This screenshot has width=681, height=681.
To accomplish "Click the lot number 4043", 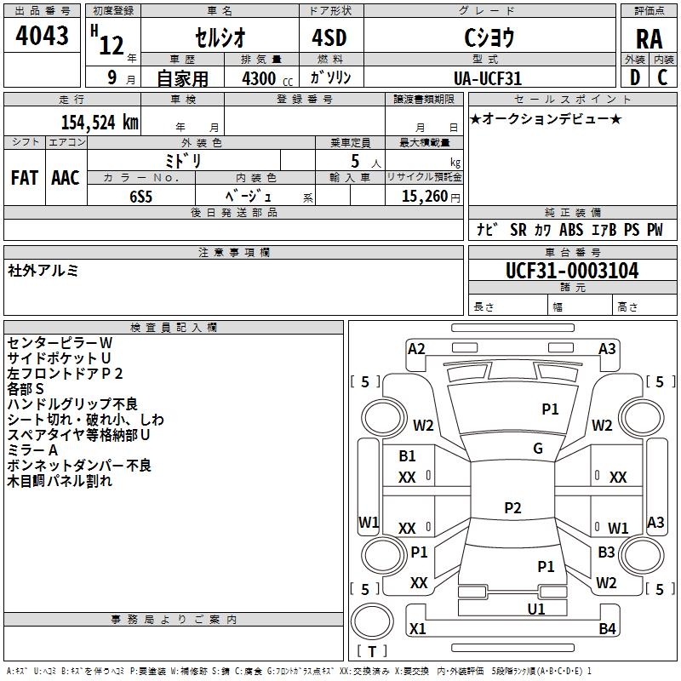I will (43, 36).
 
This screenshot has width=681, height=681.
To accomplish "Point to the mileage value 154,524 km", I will (100, 122).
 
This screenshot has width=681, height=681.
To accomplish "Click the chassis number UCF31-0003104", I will (571, 271).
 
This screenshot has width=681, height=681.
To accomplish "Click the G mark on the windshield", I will (538, 449).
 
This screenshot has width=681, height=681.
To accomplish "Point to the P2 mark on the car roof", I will (512, 508).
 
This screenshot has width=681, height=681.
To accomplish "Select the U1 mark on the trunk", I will (535, 609).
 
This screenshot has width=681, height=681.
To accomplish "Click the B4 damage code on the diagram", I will (607, 629).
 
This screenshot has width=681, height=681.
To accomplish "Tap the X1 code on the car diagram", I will (417, 629).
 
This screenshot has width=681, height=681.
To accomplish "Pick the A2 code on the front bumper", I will (416, 348).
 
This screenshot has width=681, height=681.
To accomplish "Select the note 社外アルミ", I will (43, 270).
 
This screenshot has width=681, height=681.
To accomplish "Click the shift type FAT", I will (25, 178).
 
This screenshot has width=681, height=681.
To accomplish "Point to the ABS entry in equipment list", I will (571, 230).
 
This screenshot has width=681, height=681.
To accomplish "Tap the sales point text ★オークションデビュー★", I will (546, 119).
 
